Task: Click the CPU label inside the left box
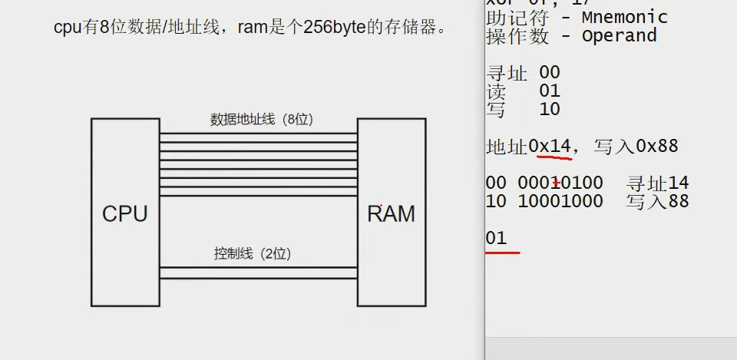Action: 124,214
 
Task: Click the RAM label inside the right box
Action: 391,214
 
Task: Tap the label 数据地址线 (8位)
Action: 262,120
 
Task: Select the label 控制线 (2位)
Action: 252,253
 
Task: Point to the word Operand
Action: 619,36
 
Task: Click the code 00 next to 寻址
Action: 550,73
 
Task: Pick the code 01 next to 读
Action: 550,91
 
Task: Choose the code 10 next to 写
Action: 550,110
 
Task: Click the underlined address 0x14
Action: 550,146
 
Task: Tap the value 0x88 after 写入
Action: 657,146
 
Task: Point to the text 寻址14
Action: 657,183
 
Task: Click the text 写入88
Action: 657,202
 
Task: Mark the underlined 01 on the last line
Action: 496,238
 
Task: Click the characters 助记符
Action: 507,17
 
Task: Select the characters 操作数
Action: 507,36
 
